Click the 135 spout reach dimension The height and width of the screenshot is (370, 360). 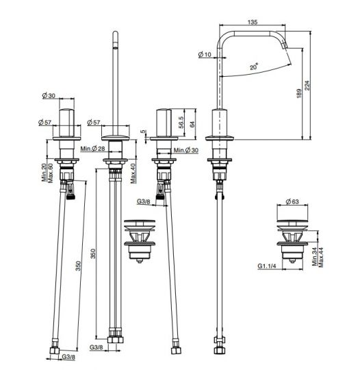[x=253, y=22]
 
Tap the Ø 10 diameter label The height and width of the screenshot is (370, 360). [x=205, y=55]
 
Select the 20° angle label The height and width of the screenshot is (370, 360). [x=254, y=66]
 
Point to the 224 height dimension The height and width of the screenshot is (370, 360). [x=307, y=86]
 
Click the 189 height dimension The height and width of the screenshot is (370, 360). [x=299, y=93]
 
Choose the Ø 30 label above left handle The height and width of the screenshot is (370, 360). [x=49, y=95]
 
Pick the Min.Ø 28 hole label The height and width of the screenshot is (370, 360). [x=92, y=149]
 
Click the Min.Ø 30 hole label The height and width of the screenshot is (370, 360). [x=186, y=150]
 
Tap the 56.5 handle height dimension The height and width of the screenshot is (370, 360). [x=181, y=122]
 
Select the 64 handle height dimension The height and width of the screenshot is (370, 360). [x=192, y=124]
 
